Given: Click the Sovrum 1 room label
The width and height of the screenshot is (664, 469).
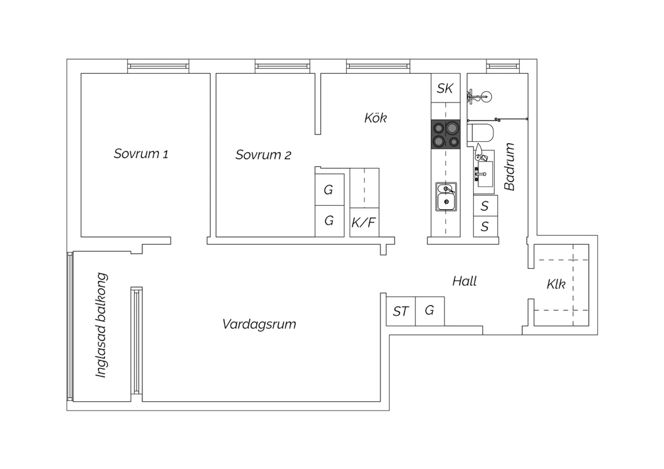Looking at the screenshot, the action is coord(141,154).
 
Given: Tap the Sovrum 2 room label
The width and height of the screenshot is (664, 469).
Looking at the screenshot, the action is coord(263,155).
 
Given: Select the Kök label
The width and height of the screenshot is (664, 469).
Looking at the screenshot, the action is coord(375,118).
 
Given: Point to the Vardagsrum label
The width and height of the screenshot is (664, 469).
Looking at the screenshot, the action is coord(259,324).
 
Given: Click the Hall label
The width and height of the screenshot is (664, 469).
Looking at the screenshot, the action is coord(464,281).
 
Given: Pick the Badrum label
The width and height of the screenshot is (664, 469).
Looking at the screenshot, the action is coord(510,166).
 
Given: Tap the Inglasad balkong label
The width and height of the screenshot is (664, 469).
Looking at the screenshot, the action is coord(101,325).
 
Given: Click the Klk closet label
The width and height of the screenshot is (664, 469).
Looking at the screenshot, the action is coord(556,284).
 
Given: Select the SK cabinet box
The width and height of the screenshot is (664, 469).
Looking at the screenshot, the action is coord(445,88).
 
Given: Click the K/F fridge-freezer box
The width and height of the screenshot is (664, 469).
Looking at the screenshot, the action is coord(364,223).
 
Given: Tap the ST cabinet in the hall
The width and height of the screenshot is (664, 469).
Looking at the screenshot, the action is coord(401,311).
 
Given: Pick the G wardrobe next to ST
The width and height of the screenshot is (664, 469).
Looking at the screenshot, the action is coord(430,311).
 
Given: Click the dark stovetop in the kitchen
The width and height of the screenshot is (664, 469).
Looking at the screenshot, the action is coord(445,134).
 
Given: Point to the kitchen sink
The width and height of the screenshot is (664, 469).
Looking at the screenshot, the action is coord(446,197).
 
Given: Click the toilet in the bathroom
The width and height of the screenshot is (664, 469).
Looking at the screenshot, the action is coord(480,133).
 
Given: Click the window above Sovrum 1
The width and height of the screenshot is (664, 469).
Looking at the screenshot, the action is coord(158,66).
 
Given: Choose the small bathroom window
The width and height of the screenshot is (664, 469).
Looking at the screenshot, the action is coord(503,66).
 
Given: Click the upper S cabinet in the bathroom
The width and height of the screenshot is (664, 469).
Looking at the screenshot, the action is coord(485,206).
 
